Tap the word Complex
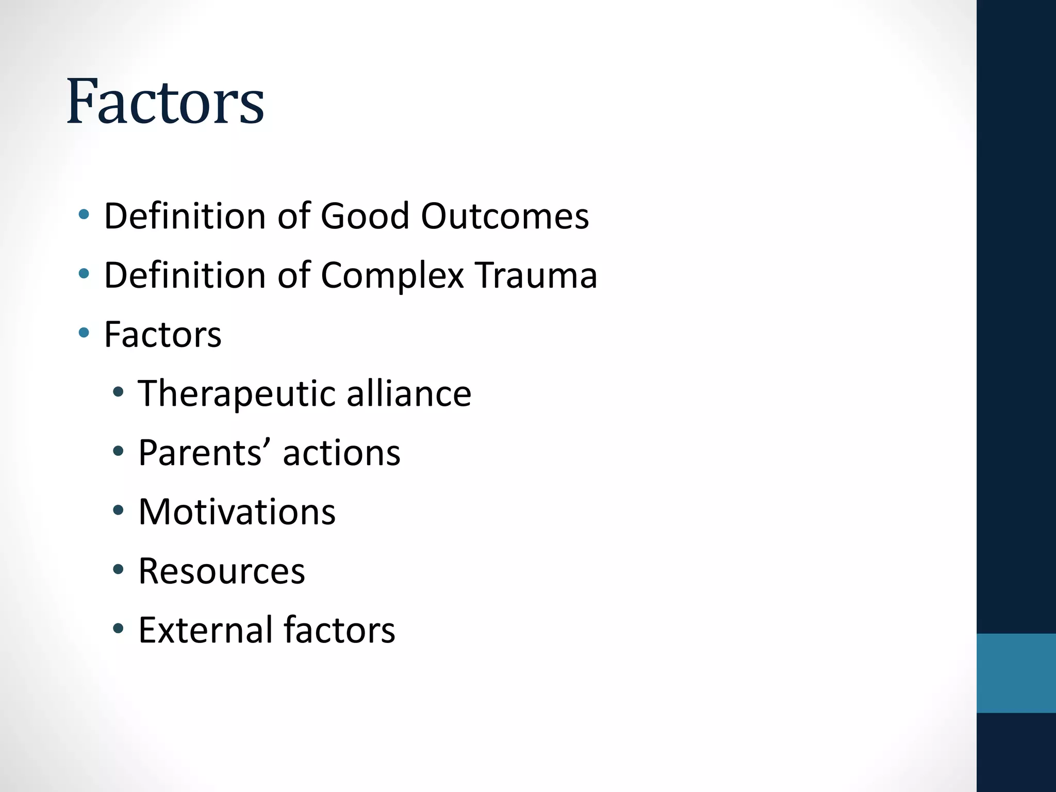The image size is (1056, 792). click(392, 275)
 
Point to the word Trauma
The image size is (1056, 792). click(536, 275)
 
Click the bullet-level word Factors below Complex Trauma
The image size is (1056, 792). click(162, 335)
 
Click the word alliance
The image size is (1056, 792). click(408, 394)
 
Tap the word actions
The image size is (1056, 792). click(341, 453)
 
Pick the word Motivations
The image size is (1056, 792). click(237, 512)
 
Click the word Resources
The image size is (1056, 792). click(222, 571)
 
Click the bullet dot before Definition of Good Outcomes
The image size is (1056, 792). click(84, 214)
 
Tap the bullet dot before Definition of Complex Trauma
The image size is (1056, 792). click(84, 273)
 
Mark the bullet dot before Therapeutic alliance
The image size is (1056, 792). click(118, 392)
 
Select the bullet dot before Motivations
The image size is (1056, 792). click(118, 510)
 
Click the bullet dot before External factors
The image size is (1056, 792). click(118, 629)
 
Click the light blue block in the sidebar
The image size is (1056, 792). click(1016, 673)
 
